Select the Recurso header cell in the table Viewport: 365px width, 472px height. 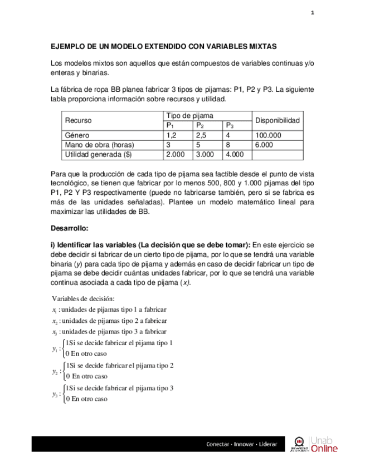pos(79,120)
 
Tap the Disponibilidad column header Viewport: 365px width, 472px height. pos(278,120)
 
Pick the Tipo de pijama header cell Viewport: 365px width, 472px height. pos(186,116)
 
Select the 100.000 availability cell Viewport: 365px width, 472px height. pos(268,135)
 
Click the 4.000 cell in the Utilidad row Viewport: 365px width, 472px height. pos(236,154)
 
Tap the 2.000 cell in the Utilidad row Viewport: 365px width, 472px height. pos(176,154)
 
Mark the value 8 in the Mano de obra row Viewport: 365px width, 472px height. pos(228,145)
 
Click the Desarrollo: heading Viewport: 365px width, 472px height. pos(70,228)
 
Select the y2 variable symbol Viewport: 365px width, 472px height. pos(56,371)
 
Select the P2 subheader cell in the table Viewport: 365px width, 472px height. pos(200,125)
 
